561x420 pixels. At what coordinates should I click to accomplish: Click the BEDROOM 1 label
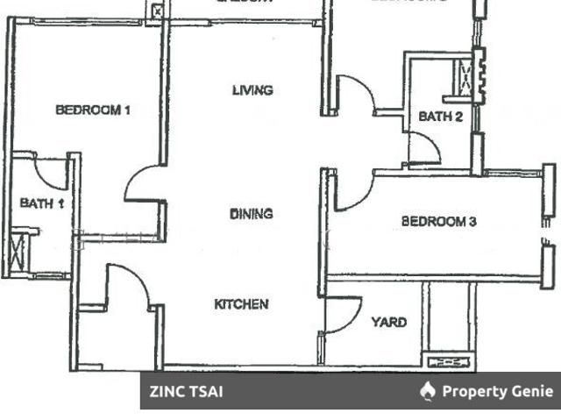[x=93, y=110]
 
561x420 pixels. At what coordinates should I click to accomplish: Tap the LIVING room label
[x=252, y=90]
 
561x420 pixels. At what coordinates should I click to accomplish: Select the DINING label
[x=252, y=214]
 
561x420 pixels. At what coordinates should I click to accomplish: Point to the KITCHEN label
[x=241, y=304]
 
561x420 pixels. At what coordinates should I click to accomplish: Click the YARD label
[x=388, y=323]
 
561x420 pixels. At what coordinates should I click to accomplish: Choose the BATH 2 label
[x=440, y=117]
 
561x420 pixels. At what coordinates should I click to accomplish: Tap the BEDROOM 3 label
[x=439, y=222]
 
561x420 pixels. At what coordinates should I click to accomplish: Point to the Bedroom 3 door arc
[x=353, y=194]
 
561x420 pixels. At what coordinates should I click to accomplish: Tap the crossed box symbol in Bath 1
[x=21, y=251]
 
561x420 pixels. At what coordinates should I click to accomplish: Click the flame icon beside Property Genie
[x=428, y=391]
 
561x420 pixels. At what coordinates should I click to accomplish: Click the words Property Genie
[x=498, y=391]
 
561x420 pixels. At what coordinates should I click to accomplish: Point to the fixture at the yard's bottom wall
[x=448, y=359]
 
